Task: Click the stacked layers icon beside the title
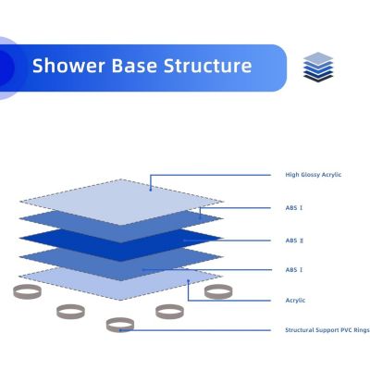tap(316, 67)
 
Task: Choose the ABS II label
tap(293, 240)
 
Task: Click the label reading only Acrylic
tap(295, 300)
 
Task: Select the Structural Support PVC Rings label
tap(327, 330)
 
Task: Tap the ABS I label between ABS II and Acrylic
tap(293, 269)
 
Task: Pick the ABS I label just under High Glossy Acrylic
tap(293, 208)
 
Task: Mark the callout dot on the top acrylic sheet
tap(151, 190)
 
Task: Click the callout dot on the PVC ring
tap(121, 329)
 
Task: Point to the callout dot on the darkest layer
tap(185, 240)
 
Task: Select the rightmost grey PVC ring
tap(218, 292)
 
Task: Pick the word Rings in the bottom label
tap(362, 330)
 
